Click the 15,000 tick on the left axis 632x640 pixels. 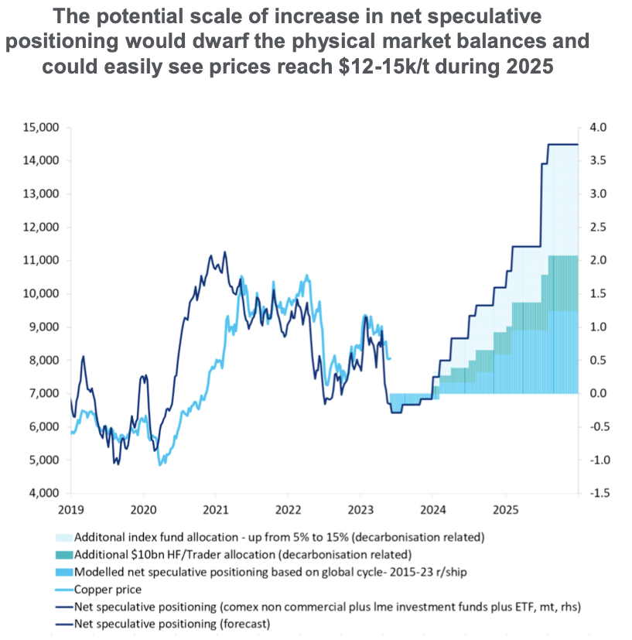39,128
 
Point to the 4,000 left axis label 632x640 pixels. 39,493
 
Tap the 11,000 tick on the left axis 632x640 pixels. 39,261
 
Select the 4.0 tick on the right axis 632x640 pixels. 600,128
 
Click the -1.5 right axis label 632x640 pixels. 600,493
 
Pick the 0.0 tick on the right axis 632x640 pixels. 600,393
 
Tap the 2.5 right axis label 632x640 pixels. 600,228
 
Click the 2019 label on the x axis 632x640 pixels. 70,511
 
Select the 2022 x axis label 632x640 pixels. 288,511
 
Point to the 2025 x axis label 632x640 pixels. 505,511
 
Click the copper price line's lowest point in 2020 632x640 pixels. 160,464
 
